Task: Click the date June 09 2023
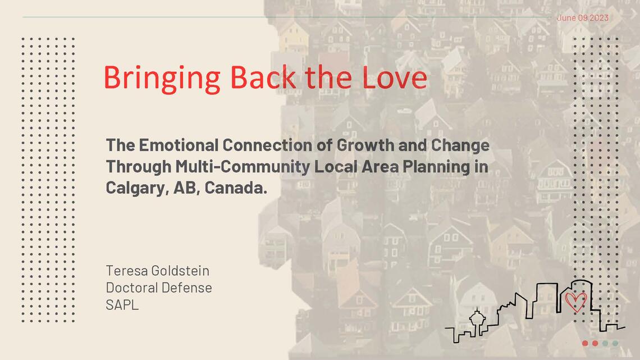[x=582, y=18]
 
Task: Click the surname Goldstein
[x=180, y=271]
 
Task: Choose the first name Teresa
[x=127, y=271]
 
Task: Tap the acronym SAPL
[x=122, y=305]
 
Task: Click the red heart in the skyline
[x=575, y=302]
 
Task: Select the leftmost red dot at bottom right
[x=585, y=343]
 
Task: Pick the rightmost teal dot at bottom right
[x=615, y=343]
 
